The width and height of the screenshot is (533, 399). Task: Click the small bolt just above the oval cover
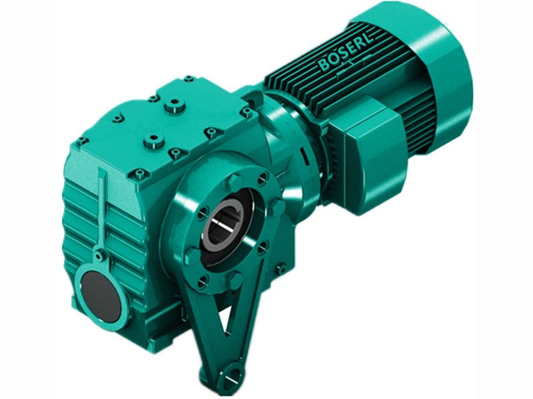pyautogui.click(x=99, y=254)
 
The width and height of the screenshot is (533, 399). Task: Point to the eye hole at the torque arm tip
pyautogui.click(x=226, y=382)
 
